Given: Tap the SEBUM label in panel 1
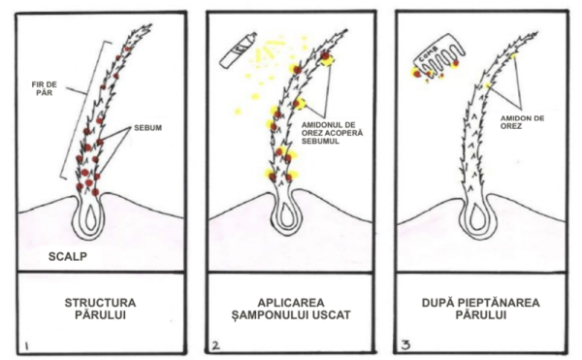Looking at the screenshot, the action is coord(147,128).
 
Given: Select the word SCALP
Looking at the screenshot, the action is coord(68,256).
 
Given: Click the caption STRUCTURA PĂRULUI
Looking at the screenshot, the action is coord(100,309).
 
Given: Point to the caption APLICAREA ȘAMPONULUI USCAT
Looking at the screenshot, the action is coord(291,309).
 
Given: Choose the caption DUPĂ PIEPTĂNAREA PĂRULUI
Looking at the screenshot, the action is coord(481,309).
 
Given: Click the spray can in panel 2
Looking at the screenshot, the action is coord(238,50).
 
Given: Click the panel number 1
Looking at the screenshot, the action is coord(27,346).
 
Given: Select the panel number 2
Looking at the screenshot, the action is coord(215,345).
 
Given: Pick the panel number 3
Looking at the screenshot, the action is coord(405,345).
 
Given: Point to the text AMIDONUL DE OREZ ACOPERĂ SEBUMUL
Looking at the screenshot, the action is coord(332,133).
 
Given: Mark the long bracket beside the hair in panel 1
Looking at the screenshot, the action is coord(85,110).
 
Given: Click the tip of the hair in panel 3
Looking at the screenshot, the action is coord(538,33).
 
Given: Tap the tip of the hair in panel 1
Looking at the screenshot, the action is coord(151,25).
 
